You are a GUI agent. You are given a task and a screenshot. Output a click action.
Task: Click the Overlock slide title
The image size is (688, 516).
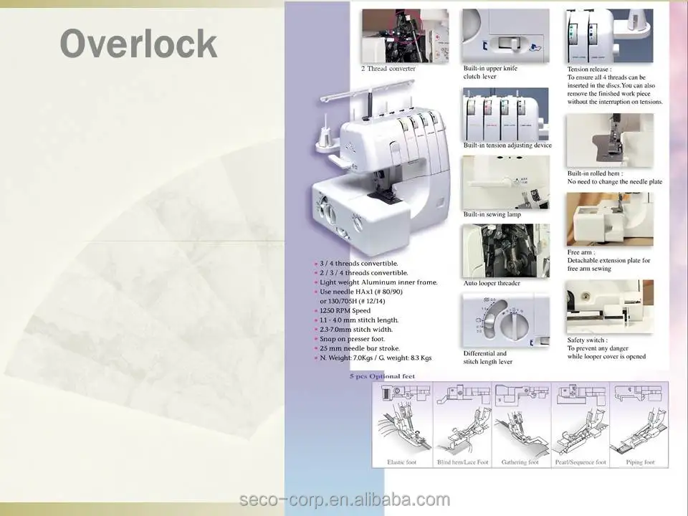click(138, 44)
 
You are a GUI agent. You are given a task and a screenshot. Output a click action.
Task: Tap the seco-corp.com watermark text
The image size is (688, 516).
click(344, 500)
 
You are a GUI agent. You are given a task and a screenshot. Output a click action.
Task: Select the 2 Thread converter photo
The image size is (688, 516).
click(405, 36)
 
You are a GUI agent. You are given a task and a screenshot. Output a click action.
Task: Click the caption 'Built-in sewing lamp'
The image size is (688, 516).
click(492, 214)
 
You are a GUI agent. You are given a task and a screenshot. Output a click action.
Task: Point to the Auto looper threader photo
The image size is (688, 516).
click(506, 250)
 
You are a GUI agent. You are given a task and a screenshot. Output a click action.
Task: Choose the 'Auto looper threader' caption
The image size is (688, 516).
click(492, 283)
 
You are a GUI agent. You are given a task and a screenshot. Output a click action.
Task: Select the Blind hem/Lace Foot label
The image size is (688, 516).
click(462, 462)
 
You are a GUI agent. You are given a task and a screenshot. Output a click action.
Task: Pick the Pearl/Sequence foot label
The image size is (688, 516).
click(580, 462)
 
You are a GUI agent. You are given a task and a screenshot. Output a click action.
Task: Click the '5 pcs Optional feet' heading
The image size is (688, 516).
click(381, 376)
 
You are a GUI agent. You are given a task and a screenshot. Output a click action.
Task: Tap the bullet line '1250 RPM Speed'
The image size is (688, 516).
click(345, 311)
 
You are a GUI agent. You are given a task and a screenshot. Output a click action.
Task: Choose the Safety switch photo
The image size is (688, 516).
click(610, 307)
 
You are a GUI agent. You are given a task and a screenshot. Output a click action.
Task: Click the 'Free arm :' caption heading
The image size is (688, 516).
click(581, 252)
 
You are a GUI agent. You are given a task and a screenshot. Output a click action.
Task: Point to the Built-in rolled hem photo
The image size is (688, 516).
click(610, 140)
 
